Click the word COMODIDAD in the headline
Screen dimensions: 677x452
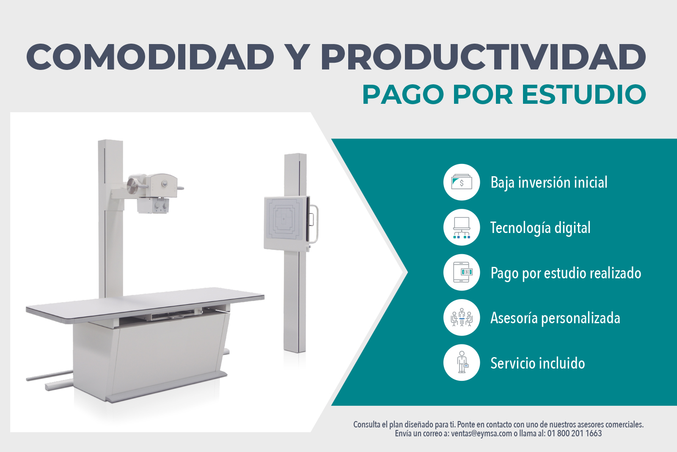click(150, 57)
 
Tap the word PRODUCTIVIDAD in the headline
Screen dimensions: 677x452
click(483, 57)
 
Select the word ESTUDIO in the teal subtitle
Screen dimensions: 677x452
click(584, 95)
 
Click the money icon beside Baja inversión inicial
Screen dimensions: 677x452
click(462, 182)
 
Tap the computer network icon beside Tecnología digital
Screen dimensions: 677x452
click(462, 227)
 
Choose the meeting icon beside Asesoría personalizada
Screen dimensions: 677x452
click(462, 317)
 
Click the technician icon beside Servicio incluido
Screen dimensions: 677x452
click(462, 363)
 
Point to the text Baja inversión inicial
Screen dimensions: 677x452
click(549, 183)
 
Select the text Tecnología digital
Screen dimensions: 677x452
click(540, 228)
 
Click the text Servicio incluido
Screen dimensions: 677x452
click(538, 363)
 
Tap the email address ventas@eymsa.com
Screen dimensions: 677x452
click(482, 433)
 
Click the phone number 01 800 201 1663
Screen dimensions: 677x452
click(574, 433)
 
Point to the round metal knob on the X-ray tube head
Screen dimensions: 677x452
click(132, 186)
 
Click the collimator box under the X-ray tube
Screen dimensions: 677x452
click(153, 205)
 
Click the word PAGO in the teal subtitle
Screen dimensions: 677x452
click(403, 95)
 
